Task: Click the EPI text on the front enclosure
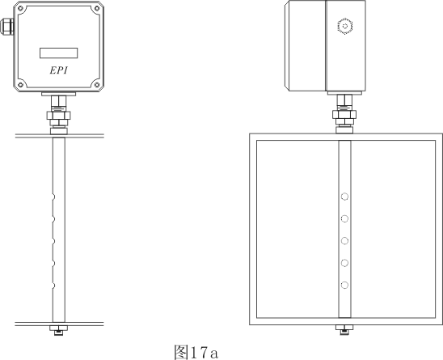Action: click(x=59, y=70)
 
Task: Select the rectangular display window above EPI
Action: click(x=59, y=53)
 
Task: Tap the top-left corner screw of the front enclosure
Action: click(x=21, y=8)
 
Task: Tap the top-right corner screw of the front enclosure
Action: click(x=97, y=8)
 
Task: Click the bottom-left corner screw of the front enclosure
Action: click(x=21, y=85)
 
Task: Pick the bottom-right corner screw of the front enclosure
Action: click(x=97, y=85)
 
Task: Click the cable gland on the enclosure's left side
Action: click(x=6, y=27)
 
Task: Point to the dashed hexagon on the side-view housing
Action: click(x=345, y=27)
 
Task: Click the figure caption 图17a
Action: click(x=196, y=352)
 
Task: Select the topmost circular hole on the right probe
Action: click(x=344, y=197)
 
